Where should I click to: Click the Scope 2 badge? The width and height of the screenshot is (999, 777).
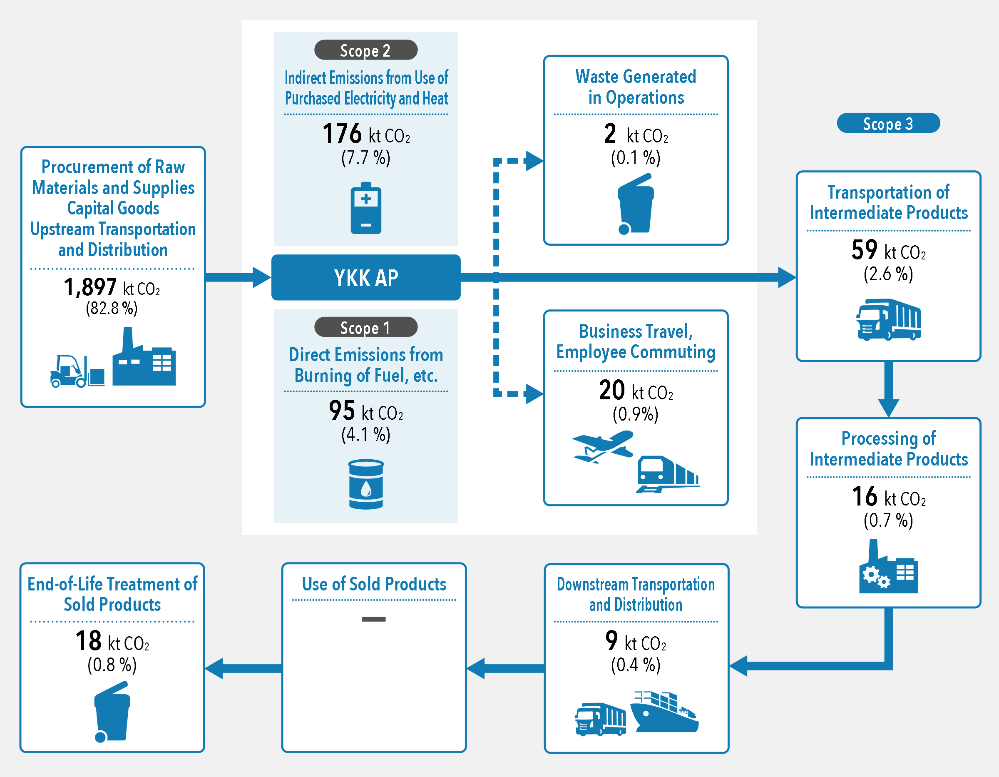click(x=365, y=50)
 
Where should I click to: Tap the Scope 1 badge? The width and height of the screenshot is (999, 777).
click(x=365, y=327)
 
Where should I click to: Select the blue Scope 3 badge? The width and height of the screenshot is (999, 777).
click(x=888, y=123)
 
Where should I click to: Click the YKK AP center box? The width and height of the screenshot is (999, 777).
click(x=365, y=277)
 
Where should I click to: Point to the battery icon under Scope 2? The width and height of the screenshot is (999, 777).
click(x=365, y=209)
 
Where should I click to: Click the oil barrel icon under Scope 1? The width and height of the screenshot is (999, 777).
click(x=365, y=484)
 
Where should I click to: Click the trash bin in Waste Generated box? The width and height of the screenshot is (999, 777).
click(x=635, y=204)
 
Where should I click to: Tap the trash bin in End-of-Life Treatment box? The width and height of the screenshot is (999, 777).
click(x=112, y=712)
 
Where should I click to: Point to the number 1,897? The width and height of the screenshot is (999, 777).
click(x=90, y=287)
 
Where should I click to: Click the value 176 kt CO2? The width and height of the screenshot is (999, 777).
click(x=365, y=134)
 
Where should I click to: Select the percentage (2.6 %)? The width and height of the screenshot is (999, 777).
click(x=888, y=274)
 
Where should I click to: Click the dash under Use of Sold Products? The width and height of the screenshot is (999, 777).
click(x=374, y=619)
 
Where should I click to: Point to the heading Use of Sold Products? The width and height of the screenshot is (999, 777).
click(x=374, y=584)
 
